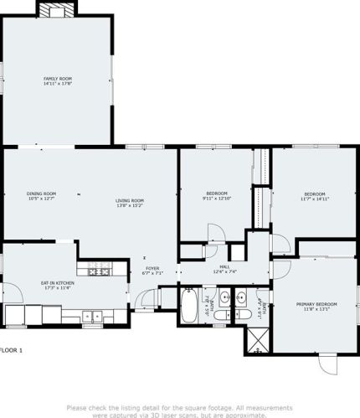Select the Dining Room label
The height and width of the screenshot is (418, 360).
[x=41, y=194]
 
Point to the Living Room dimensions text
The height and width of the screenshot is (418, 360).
[x=130, y=204]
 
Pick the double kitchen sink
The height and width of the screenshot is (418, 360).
[x=93, y=316]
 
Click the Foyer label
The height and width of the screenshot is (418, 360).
[x=151, y=268]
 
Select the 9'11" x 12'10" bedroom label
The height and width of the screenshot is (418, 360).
[x=215, y=194]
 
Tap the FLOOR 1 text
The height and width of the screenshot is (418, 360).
[x=12, y=349]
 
